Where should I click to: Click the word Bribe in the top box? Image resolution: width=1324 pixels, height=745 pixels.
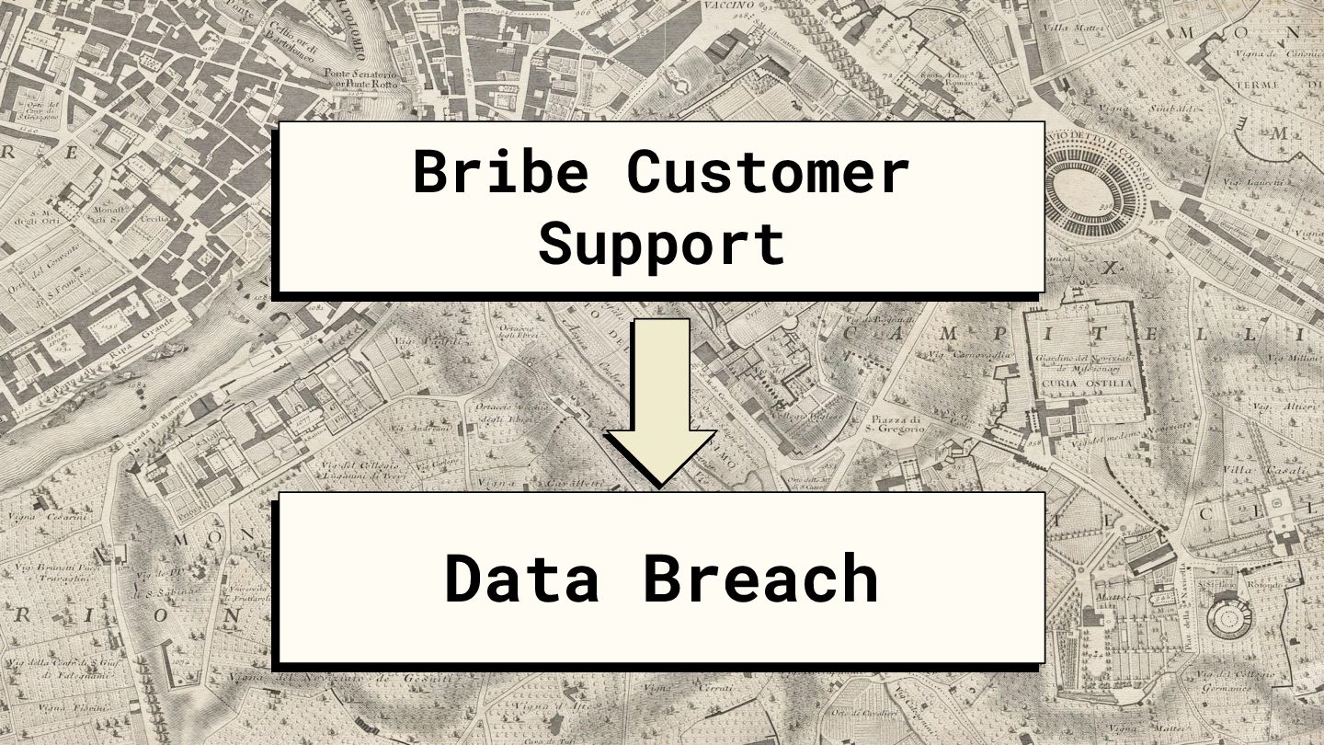point(500,171)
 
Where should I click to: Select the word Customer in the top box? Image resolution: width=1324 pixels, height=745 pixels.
point(769,171)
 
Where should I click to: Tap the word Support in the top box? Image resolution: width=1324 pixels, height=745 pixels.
point(661,243)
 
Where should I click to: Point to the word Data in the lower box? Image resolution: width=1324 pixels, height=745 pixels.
point(521,579)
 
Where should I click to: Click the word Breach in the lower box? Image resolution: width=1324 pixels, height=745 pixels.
point(759,579)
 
